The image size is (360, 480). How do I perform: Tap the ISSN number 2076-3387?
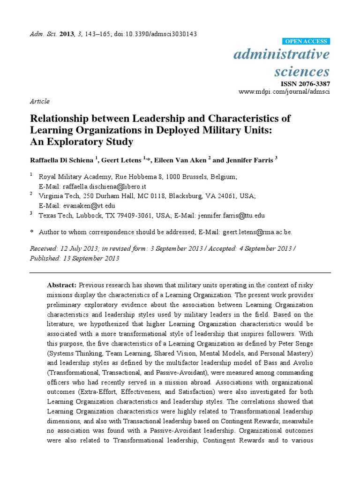pyautogui.click(x=312, y=83)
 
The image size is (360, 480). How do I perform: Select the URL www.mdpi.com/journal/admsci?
pyautogui.click(x=285, y=91)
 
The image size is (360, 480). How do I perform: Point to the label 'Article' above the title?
pyautogui.click(x=39, y=101)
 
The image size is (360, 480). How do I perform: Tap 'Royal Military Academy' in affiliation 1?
pyautogui.click(x=73, y=177)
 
